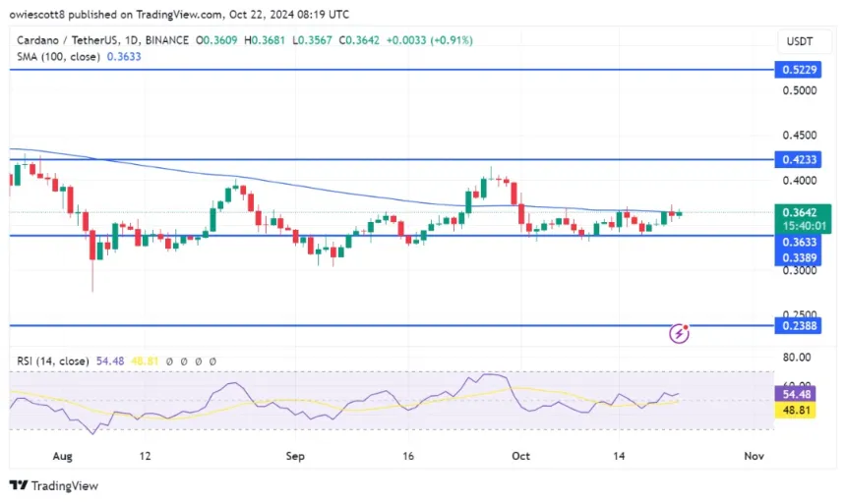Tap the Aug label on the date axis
[x=63, y=456]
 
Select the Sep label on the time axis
[x=295, y=456]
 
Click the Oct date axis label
[x=519, y=456]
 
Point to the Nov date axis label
[x=754, y=456]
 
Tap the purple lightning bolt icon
[x=679, y=334]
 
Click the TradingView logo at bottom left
[x=54, y=485]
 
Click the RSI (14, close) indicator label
[x=55, y=362]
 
